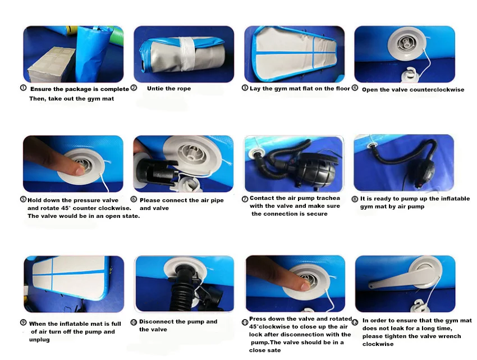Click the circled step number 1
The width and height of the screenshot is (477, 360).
tap(23, 88)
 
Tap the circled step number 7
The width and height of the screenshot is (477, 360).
tap(245, 199)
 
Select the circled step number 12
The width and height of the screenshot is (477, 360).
tap(355, 322)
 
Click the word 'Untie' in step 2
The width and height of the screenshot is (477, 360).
tap(155, 88)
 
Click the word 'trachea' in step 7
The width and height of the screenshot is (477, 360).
tap(328, 198)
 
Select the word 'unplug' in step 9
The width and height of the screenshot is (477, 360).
tap(39, 340)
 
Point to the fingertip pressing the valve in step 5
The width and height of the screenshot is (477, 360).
tap(80, 170)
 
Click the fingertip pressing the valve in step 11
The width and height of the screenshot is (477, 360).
tap(305, 285)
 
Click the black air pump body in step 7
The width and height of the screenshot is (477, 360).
tap(317, 170)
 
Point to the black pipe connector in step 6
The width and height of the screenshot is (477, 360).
tap(154, 170)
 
